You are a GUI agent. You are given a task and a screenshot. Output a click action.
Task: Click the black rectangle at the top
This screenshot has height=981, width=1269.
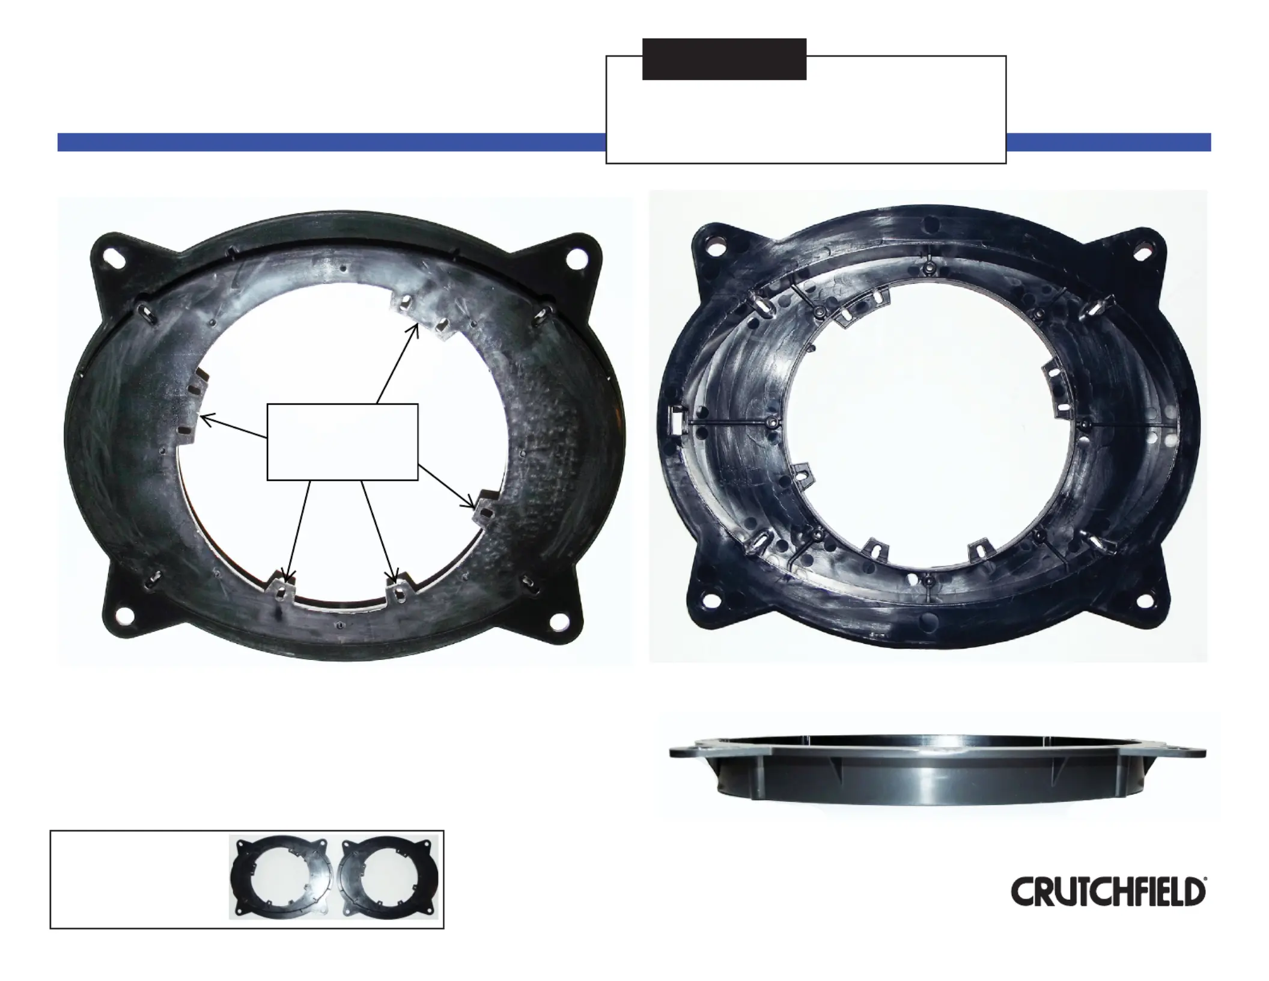(x=724, y=60)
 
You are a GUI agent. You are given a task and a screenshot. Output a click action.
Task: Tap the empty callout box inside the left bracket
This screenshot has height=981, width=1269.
(x=342, y=442)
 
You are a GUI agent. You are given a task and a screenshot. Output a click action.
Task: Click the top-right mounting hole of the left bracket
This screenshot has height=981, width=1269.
(x=579, y=258)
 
